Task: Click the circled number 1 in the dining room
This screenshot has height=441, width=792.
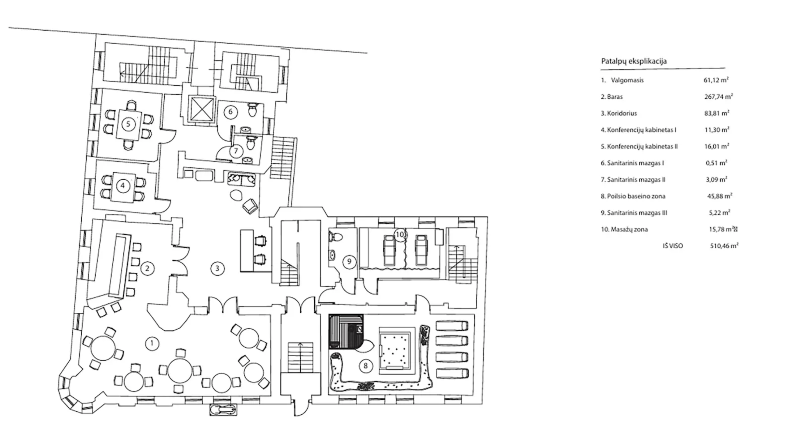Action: pyautogui.click(x=152, y=343)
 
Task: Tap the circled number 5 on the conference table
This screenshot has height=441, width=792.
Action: pyautogui.click(x=128, y=124)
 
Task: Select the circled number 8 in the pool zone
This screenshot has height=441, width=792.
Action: pyautogui.click(x=365, y=366)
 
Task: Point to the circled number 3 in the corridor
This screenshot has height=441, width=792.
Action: pyautogui.click(x=217, y=268)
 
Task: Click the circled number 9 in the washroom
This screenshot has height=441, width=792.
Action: pyautogui.click(x=349, y=262)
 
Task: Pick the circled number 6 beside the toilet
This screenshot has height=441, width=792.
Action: pyautogui.click(x=230, y=112)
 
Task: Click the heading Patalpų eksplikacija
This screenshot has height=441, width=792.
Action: pyautogui.click(x=634, y=61)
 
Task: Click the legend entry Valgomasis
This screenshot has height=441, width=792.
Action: pyautogui.click(x=627, y=80)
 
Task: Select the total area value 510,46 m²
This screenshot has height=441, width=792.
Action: pyautogui.click(x=724, y=246)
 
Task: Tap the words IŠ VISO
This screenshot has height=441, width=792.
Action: pyautogui.click(x=673, y=246)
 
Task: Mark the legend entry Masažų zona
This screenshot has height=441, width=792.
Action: pyautogui.click(x=629, y=229)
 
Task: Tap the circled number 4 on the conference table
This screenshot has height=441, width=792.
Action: pyautogui.click(x=123, y=186)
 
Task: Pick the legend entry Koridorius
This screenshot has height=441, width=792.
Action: pyautogui.click(x=622, y=113)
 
